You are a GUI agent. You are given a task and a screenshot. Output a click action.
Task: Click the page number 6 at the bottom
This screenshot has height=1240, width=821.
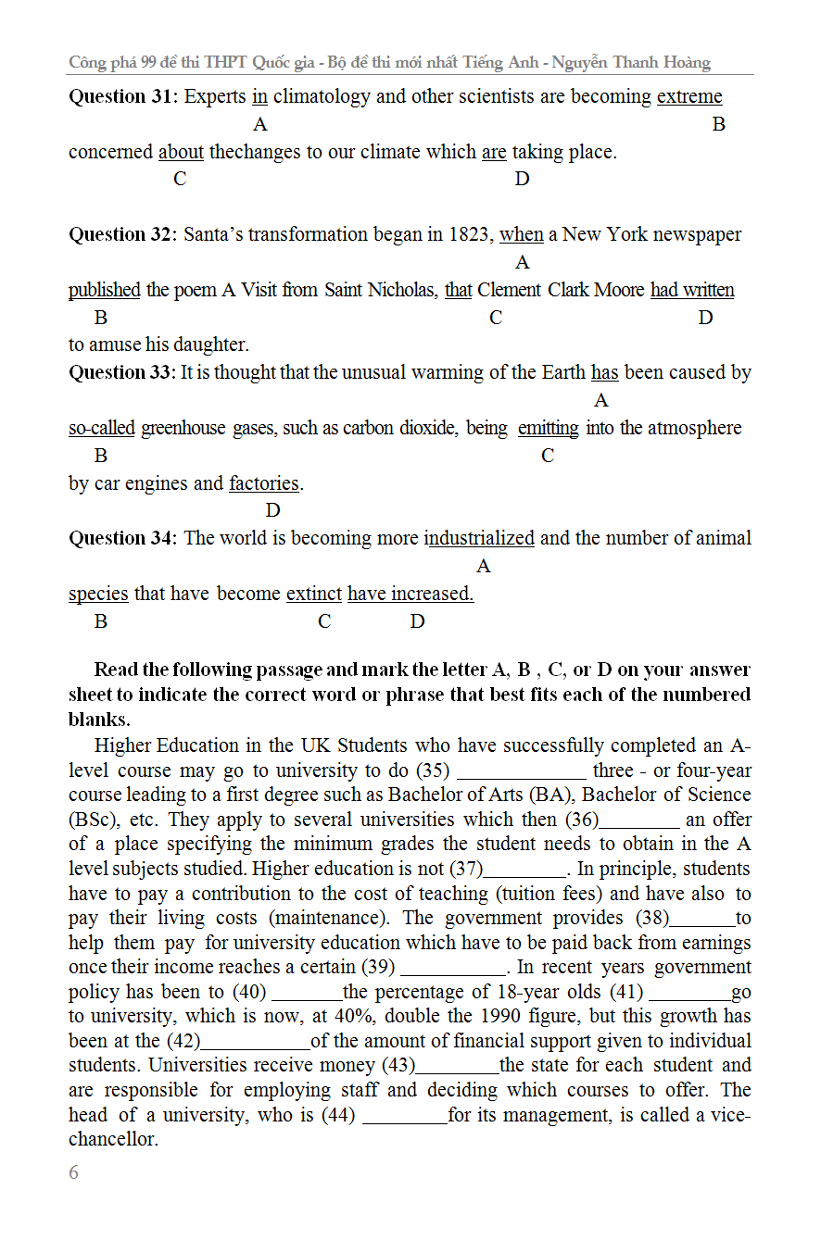click(74, 1172)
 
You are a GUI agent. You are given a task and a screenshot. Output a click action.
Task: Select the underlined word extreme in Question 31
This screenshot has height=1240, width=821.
click(689, 96)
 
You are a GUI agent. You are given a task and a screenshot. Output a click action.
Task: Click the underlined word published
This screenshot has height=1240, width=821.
click(105, 290)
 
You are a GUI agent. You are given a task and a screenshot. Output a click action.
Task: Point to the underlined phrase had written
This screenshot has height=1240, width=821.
click(692, 290)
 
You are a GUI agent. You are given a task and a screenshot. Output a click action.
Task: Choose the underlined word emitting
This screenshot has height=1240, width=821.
click(548, 428)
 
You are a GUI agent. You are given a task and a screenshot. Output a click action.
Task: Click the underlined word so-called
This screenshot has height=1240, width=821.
click(102, 428)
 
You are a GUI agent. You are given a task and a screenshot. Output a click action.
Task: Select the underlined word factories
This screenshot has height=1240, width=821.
click(264, 483)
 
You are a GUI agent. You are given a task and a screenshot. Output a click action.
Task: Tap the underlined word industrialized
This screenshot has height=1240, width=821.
click(479, 538)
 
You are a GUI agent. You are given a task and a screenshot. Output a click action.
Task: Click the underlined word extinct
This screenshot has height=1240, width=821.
click(314, 594)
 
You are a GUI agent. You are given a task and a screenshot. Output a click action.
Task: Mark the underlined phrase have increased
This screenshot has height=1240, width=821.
click(410, 594)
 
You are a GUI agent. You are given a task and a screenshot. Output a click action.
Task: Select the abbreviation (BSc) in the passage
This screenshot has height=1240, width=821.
click(94, 820)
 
